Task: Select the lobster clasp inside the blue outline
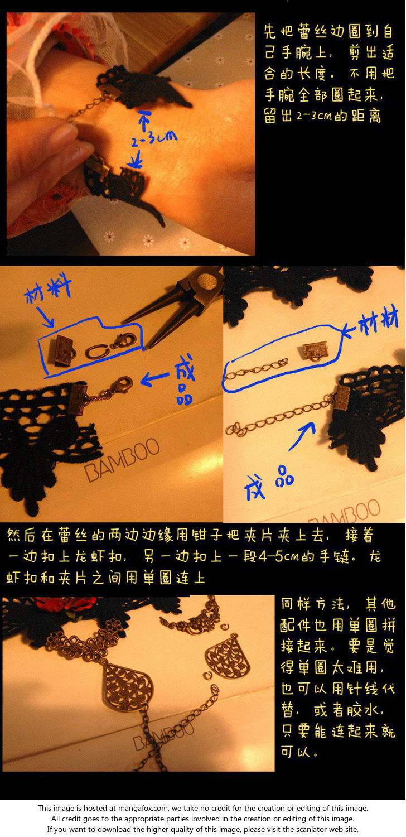click(124, 340)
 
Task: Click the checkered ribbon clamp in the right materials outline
click(315, 352)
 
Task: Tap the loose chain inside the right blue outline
click(256, 369)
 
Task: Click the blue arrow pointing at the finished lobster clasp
click(154, 378)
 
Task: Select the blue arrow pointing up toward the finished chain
click(302, 435)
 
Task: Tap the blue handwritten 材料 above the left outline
click(47, 290)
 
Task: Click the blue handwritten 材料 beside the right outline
click(378, 321)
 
